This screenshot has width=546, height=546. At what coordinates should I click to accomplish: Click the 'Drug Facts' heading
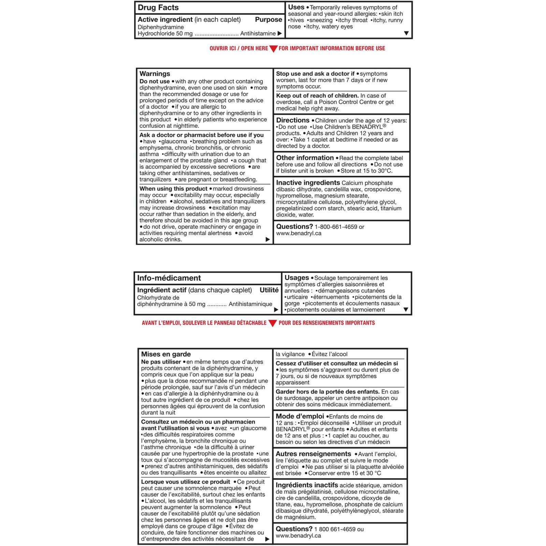(158, 8)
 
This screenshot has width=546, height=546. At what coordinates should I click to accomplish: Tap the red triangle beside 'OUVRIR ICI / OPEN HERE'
(273, 49)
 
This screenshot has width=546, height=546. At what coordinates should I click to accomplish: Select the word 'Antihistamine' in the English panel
(258, 33)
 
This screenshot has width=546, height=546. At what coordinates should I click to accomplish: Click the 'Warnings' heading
(155, 74)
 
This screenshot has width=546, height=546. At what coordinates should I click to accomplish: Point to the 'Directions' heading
(292, 120)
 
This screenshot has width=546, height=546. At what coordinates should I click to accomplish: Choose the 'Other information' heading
(305, 158)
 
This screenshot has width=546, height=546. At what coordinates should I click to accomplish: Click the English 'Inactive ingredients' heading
(308, 183)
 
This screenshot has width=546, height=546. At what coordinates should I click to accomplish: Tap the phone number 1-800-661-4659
(336, 227)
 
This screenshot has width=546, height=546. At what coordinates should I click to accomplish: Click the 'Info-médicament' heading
(169, 278)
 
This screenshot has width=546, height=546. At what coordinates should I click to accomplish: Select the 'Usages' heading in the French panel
(297, 278)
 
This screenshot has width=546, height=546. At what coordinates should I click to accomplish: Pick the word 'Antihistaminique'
(250, 304)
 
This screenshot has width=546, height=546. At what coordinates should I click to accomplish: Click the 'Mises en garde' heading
(166, 354)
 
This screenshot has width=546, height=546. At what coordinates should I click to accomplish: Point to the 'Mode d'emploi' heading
(300, 416)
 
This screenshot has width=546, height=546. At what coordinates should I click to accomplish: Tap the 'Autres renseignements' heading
(313, 454)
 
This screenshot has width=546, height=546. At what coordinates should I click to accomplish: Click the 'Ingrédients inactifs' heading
(307, 485)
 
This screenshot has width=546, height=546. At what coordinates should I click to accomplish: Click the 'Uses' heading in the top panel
(296, 7)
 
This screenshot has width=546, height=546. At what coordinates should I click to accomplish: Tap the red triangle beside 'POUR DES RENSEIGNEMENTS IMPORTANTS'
(272, 323)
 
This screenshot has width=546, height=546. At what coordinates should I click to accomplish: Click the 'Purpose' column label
(268, 19)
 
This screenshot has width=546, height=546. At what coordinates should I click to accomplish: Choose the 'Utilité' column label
(269, 290)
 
